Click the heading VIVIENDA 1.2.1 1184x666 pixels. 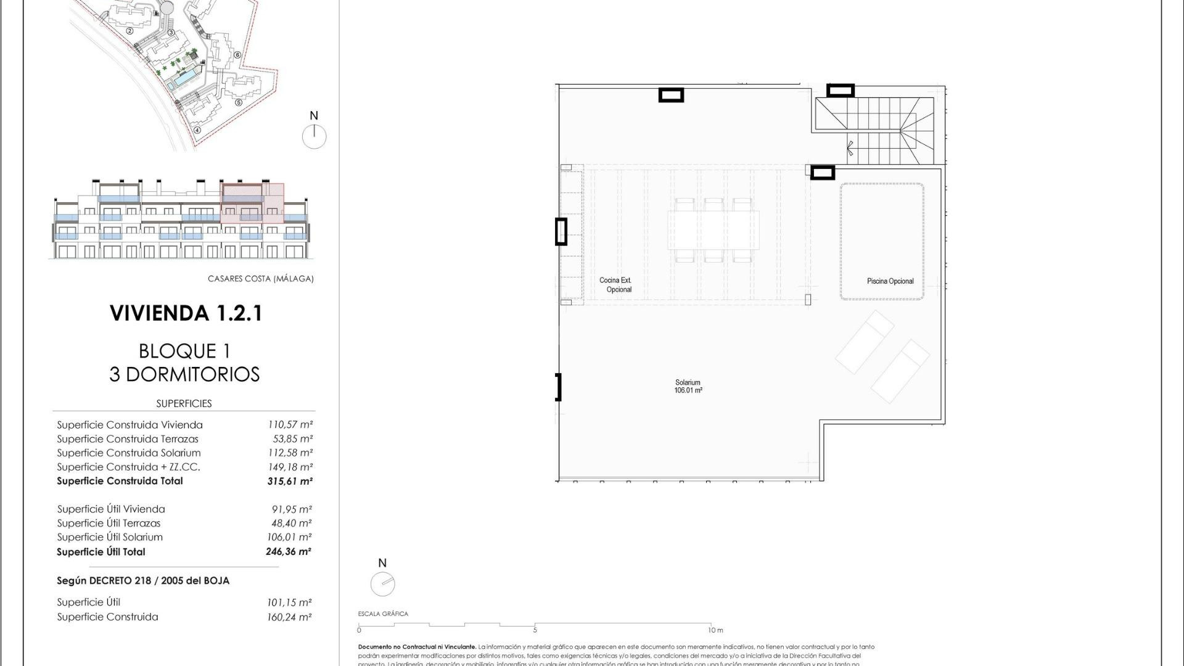pos(186,313)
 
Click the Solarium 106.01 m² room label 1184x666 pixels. pos(688,387)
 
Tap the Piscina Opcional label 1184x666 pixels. pos(890,281)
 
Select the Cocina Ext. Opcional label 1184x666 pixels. pos(616,285)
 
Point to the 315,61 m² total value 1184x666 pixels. pos(289,481)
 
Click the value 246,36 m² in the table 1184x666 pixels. pos(288,552)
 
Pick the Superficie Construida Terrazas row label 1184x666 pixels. pos(128,439)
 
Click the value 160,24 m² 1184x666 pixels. pos(289,617)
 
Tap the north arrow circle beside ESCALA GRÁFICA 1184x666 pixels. pos(382,583)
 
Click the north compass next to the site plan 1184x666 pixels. pos(314,136)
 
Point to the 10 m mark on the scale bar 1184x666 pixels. pos(715,630)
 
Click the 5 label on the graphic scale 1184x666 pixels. pos(535,630)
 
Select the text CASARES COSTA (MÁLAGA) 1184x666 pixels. pos(260,279)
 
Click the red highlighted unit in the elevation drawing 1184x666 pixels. pos(252,203)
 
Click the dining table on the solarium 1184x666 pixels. pos(713,229)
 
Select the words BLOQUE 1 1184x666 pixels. pos(184,351)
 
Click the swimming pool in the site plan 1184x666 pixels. pos(184,79)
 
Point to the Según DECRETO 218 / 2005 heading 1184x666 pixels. pos(143,581)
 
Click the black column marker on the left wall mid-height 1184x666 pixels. pos(561,232)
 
